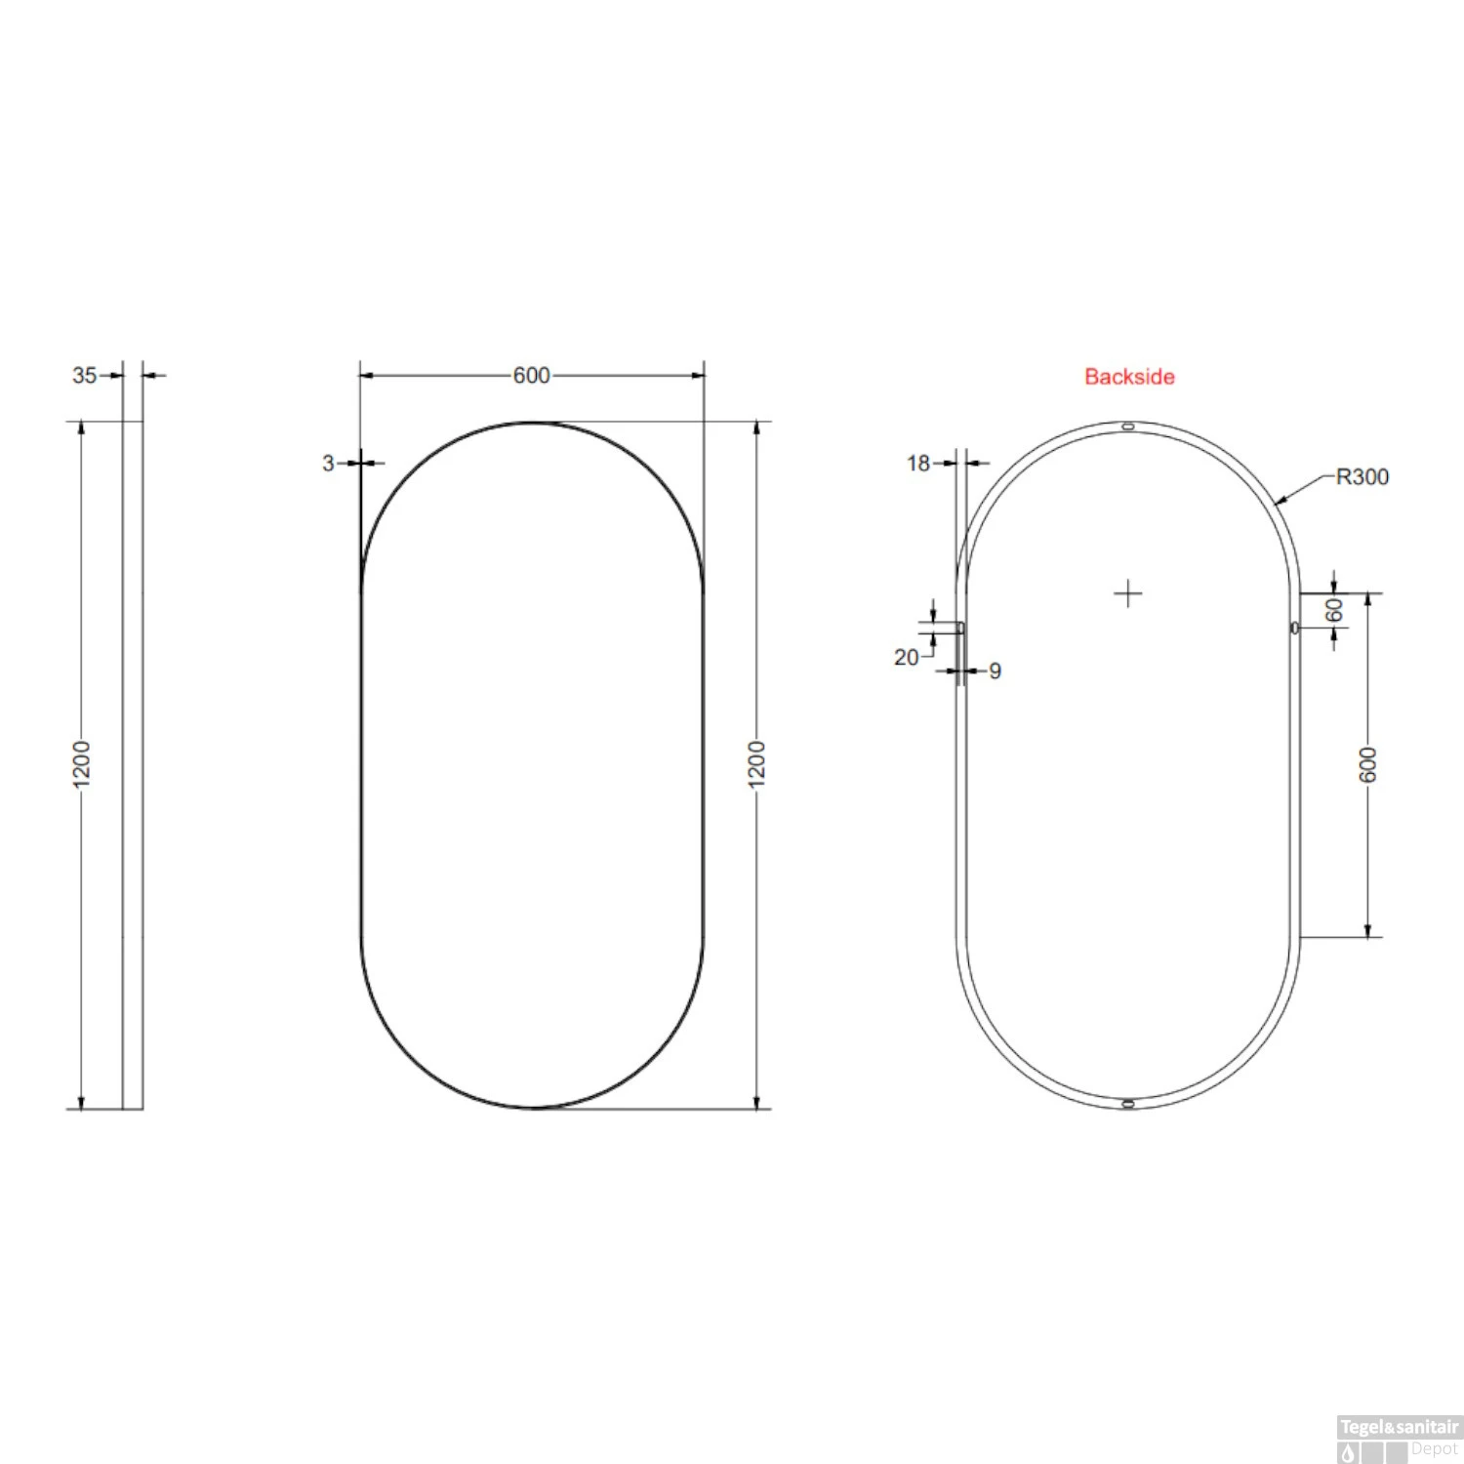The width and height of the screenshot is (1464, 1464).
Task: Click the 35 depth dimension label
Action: (84, 376)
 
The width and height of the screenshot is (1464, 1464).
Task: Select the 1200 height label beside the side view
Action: (81, 762)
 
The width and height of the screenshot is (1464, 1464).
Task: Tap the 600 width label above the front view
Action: (531, 376)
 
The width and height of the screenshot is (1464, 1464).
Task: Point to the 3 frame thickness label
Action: (329, 464)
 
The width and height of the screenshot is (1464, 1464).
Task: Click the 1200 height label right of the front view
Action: (757, 762)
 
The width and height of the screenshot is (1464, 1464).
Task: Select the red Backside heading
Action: (1129, 377)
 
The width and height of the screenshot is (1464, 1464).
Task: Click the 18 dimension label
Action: (918, 464)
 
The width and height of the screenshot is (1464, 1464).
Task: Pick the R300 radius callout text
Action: (1362, 477)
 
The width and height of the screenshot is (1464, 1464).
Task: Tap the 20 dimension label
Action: (906, 658)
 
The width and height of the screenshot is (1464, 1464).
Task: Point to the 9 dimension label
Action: (995, 671)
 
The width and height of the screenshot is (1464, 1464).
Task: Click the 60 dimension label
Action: (1334, 611)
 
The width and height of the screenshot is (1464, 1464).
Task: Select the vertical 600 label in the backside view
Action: (1368, 764)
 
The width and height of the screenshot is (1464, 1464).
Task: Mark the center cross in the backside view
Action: (1128, 593)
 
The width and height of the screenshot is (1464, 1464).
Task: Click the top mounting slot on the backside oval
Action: (1128, 427)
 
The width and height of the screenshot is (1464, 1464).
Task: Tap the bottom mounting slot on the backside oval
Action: (1128, 1104)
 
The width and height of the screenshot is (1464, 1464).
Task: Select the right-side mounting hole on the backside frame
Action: (1295, 628)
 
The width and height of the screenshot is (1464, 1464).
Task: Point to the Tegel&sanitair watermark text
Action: (1399, 1427)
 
